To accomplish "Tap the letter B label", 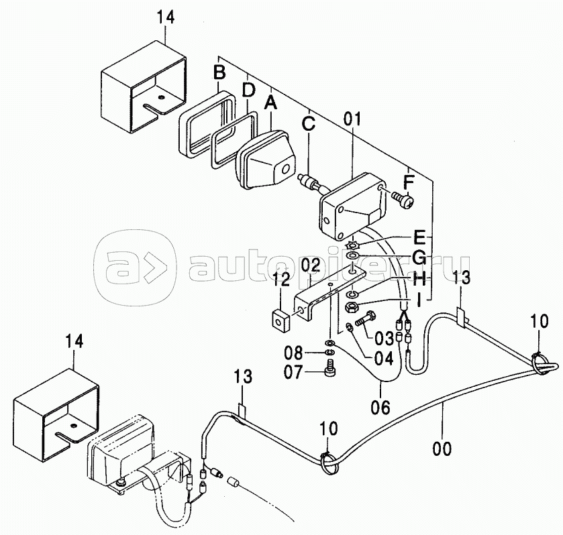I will tap(219, 71).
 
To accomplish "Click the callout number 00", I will tap(442, 447).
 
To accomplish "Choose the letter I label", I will tap(418, 302).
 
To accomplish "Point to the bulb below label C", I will tap(311, 182).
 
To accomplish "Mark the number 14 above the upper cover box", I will tap(165, 17).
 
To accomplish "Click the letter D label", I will tap(248, 89).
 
